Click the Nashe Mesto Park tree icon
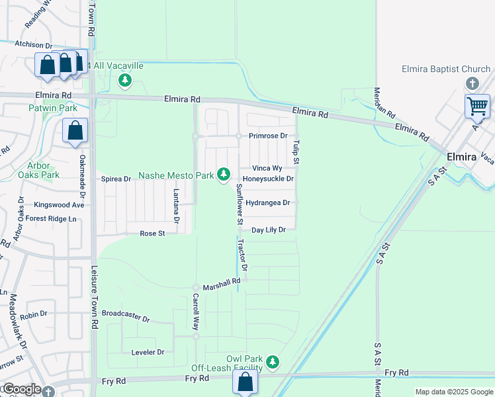click(x=224, y=174)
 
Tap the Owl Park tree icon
click(x=273, y=362)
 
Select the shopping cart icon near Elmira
click(x=477, y=106)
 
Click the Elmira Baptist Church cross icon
click(x=472, y=83)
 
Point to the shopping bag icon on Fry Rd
click(x=245, y=382)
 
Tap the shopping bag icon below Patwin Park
click(x=75, y=130)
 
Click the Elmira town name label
click(x=462, y=157)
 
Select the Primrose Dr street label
click(x=268, y=136)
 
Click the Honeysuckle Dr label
click(x=268, y=179)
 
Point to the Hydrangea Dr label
click(x=268, y=202)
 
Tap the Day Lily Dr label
click(x=268, y=230)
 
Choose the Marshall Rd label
click(x=221, y=283)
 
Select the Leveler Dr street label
click(x=148, y=352)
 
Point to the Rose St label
click(x=152, y=233)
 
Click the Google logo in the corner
click(x=21, y=389)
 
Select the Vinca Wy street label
click(x=267, y=168)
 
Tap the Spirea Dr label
click(x=116, y=179)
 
